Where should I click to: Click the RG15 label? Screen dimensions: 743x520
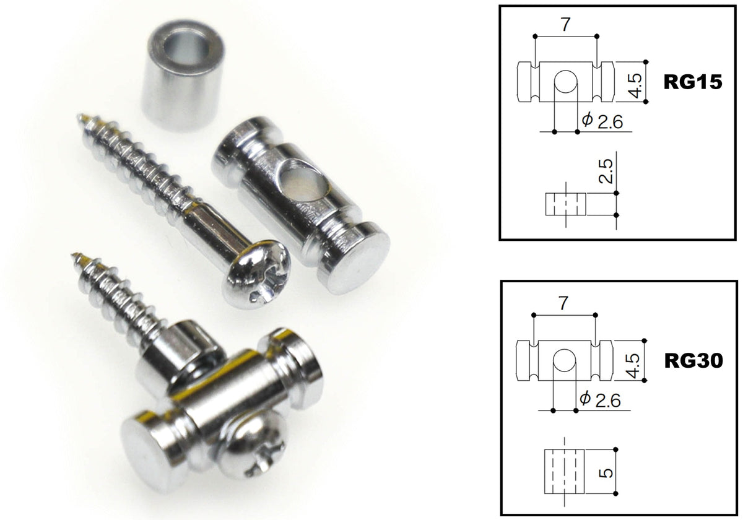click(693, 82)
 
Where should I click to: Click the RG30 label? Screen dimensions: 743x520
click(694, 360)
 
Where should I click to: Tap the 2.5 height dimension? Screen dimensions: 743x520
click(606, 171)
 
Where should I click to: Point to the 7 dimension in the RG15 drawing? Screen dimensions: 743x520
click(565, 25)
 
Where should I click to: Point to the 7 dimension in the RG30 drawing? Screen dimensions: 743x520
click(563, 303)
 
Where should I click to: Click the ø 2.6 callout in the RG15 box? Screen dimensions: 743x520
click(602, 121)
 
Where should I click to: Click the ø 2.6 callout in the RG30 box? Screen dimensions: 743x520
click(600, 400)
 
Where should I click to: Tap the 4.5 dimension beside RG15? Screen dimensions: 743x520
click(635, 86)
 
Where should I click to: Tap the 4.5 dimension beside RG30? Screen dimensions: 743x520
click(633, 366)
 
